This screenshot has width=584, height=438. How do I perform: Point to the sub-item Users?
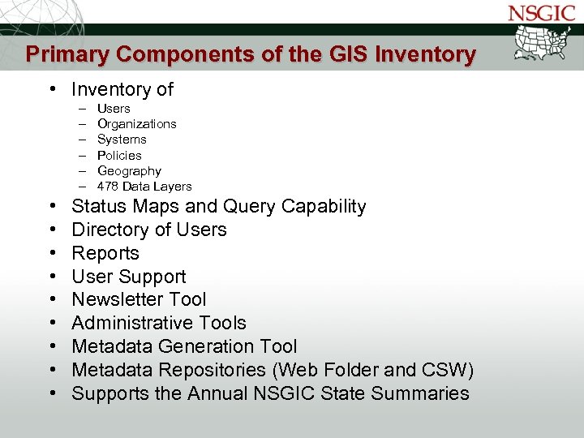tap(114, 109)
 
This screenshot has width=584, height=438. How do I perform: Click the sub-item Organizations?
tap(136, 124)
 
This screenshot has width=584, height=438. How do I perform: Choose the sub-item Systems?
tap(122, 140)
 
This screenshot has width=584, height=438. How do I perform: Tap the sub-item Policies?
tap(119, 155)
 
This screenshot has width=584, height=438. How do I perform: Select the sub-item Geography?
tap(129, 171)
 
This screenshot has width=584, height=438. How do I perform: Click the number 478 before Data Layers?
tap(108, 187)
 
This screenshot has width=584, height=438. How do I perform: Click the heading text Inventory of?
tap(122, 89)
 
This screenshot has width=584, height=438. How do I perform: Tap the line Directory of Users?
tap(149, 230)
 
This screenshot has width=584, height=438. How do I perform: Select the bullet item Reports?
tap(105, 254)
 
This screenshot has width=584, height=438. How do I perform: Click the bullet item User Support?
tap(129, 277)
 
